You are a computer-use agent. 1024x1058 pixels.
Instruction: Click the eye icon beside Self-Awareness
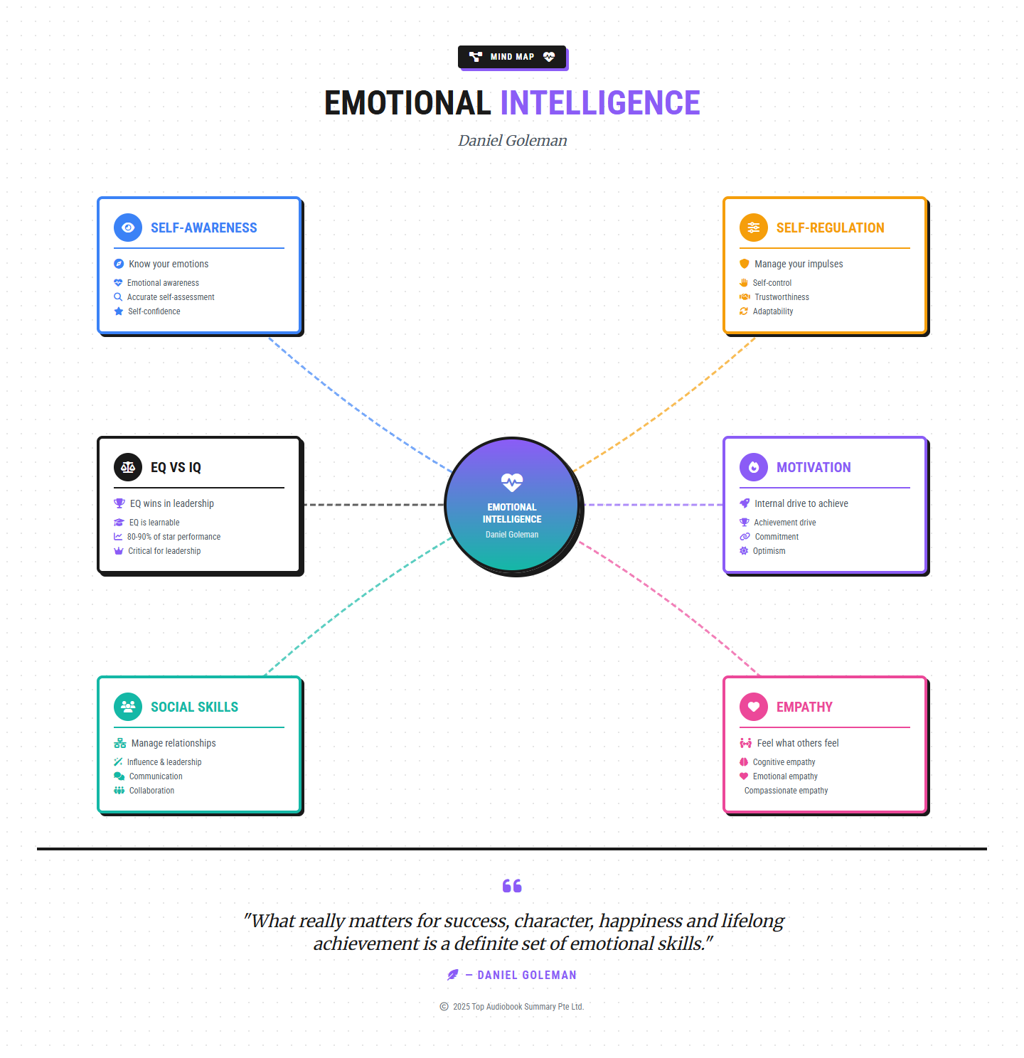(128, 228)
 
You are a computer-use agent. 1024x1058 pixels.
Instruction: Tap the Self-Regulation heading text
(830, 228)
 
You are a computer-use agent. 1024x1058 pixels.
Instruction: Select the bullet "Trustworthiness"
(782, 297)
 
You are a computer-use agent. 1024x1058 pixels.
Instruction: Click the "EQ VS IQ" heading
(176, 467)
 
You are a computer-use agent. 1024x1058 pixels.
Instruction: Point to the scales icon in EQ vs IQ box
(128, 467)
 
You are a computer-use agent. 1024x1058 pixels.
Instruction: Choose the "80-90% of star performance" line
(174, 537)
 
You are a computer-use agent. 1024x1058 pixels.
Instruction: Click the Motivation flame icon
(754, 467)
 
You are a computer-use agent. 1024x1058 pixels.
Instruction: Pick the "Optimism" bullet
(769, 551)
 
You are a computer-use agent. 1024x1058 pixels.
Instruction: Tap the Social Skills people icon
(128, 707)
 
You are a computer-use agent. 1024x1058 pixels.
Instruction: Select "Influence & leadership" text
(164, 762)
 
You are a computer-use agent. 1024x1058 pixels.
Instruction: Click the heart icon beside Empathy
(754, 707)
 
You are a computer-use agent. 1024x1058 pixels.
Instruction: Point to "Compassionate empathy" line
(786, 791)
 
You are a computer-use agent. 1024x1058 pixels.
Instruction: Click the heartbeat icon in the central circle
(512, 483)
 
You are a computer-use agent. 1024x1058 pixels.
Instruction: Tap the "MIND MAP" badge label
(512, 57)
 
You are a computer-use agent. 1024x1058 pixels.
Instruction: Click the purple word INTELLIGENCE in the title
(600, 103)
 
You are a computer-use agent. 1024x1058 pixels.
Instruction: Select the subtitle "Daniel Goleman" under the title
(512, 141)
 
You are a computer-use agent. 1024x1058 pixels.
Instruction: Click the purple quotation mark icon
(512, 886)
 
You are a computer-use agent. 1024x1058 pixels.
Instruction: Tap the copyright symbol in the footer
(444, 1007)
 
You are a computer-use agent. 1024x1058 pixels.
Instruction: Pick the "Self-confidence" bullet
(154, 311)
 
